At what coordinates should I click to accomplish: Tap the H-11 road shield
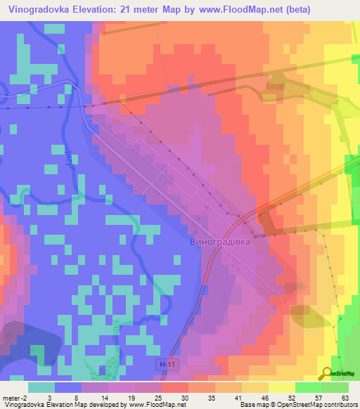pos(164,365)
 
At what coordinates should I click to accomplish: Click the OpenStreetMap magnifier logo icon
pos(328,373)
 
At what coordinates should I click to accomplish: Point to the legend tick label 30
pos(184,398)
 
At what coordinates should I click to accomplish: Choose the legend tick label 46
pos(264,398)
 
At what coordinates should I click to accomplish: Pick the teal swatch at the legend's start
pos(41,387)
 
